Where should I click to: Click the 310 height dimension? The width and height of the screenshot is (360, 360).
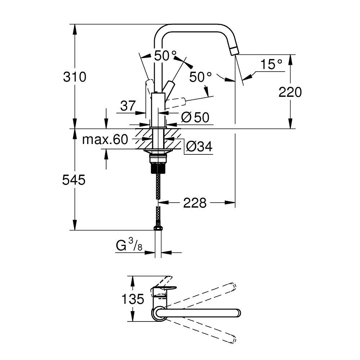click(x=75, y=77)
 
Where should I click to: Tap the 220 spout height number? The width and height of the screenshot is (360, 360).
click(x=290, y=93)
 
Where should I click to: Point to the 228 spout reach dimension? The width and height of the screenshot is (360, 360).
click(x=195, y=203)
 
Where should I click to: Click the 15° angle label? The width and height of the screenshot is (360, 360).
click(x=271, y=65)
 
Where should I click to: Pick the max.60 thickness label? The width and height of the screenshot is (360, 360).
click(x=105, y=139)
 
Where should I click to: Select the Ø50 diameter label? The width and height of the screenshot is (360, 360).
click(x=195, y=117)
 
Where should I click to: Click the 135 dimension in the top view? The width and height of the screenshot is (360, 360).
click(x=133, y=299)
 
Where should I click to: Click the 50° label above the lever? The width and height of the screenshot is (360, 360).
click(x=166, y=55)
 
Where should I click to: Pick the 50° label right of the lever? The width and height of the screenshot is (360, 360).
click(x=201, y=77)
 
